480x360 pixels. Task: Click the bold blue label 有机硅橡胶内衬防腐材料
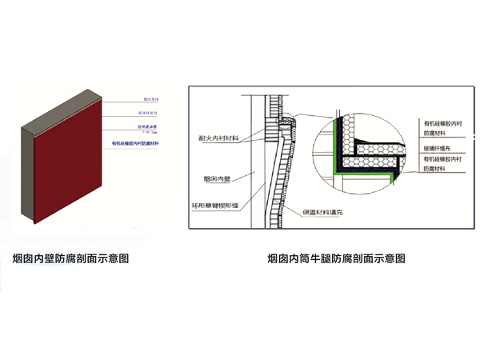(x=138, y=144)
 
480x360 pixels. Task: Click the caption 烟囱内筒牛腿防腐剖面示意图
(x=336, y=258)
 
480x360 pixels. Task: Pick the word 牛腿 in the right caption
(x=318, y=258)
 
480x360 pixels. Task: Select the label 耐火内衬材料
(x=218, y=139)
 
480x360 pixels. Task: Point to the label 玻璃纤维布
(x=438, y=148)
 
